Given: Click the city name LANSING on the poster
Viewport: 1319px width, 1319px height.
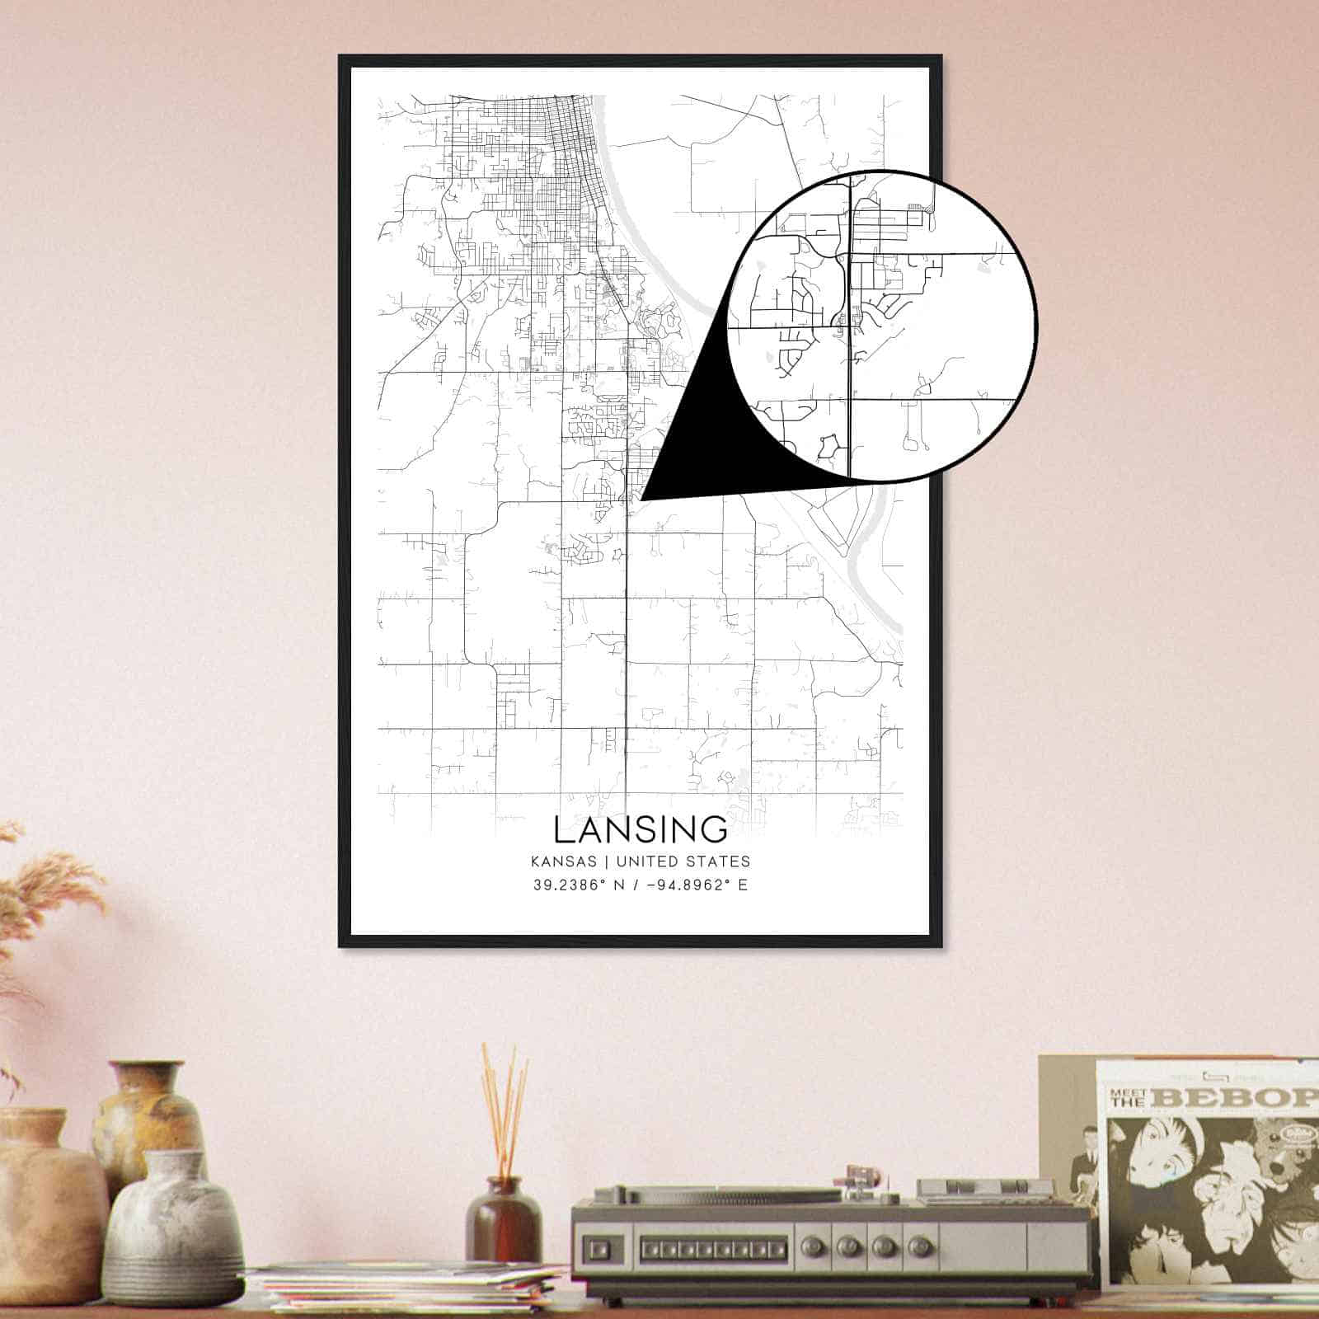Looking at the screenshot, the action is coord(641,829).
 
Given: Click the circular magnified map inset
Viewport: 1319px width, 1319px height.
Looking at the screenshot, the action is coord(882,326).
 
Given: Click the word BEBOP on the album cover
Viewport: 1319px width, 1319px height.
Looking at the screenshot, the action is coord(1237,1097).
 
